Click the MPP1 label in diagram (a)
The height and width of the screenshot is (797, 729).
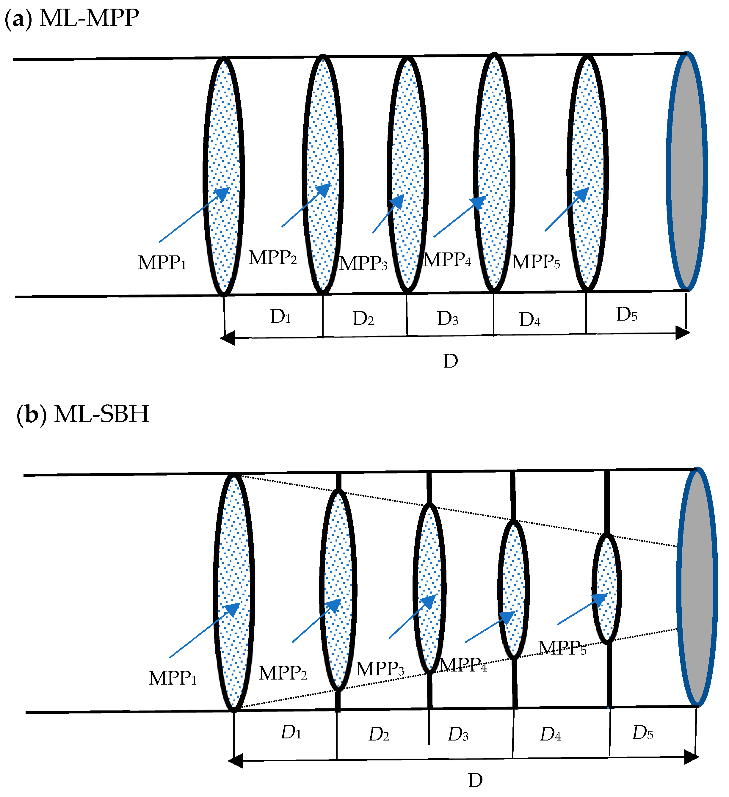click(162, 263)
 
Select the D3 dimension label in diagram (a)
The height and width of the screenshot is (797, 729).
click(448, 318)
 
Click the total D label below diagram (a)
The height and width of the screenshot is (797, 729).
click(451, 361)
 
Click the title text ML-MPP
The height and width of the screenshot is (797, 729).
click(89, 18)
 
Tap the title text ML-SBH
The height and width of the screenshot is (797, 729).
click(102, 414)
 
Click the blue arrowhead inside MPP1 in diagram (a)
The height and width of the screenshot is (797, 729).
click(222, 194)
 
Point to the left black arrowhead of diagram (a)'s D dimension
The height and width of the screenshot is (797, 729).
click(227, 338)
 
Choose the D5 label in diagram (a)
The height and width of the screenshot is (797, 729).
click(627, 314)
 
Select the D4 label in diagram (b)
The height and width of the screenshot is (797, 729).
click(551, 734)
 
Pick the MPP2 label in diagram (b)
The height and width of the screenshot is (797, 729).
click(283, 673)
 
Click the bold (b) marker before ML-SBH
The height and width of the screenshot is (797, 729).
click(32, 414)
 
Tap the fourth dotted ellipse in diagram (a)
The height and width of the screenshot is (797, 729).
click(494, 173)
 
